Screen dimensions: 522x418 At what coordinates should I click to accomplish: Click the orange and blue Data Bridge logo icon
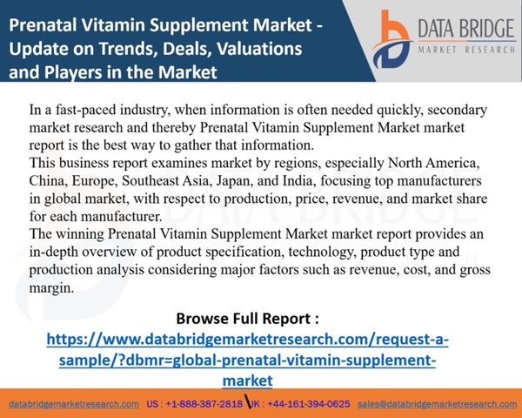392,39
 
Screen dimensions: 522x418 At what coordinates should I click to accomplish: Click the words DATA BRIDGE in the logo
466,29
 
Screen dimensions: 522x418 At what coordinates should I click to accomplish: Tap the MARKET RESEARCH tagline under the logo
466,50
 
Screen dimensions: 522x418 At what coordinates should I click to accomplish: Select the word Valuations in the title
259,49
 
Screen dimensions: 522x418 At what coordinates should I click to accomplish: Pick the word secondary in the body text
457,110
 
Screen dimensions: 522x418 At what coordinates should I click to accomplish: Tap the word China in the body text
48,180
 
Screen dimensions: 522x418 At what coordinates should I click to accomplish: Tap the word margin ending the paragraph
51,287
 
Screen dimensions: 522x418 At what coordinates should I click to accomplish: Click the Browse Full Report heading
247,319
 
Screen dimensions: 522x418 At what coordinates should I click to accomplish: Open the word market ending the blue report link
247,381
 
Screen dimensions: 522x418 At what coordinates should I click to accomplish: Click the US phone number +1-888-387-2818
204,404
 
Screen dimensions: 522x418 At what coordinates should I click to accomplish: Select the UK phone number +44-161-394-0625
309,404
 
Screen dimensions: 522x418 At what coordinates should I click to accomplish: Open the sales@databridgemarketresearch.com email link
437,404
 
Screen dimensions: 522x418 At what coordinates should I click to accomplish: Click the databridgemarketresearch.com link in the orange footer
74,404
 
